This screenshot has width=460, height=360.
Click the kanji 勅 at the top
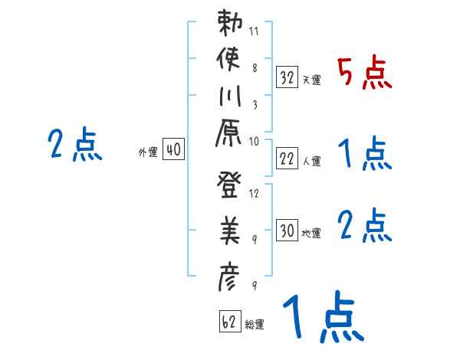click(229, 25)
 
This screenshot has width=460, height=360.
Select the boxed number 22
click(287, 159)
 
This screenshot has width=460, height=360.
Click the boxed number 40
click(173, 151)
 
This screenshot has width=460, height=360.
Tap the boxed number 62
click(229, 322)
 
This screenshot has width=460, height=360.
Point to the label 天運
click(311, 80)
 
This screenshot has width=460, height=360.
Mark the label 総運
click(255, 325)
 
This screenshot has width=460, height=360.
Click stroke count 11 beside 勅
click(254, 32)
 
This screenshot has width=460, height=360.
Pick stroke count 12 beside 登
click(254, 193)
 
